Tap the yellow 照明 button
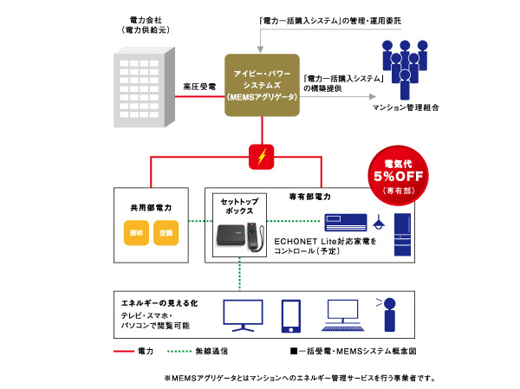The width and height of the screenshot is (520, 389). pyautogui.click(x=135, y=234)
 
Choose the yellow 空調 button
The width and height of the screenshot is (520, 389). pyautogui.click(x=165, y=234)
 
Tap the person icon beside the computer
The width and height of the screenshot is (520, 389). pyautogui.click(x=391, y=314)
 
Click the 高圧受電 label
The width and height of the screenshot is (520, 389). pyautogui.click(x=199, y=87)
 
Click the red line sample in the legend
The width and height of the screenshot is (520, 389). pyautogui.click(x=125, y=353)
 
